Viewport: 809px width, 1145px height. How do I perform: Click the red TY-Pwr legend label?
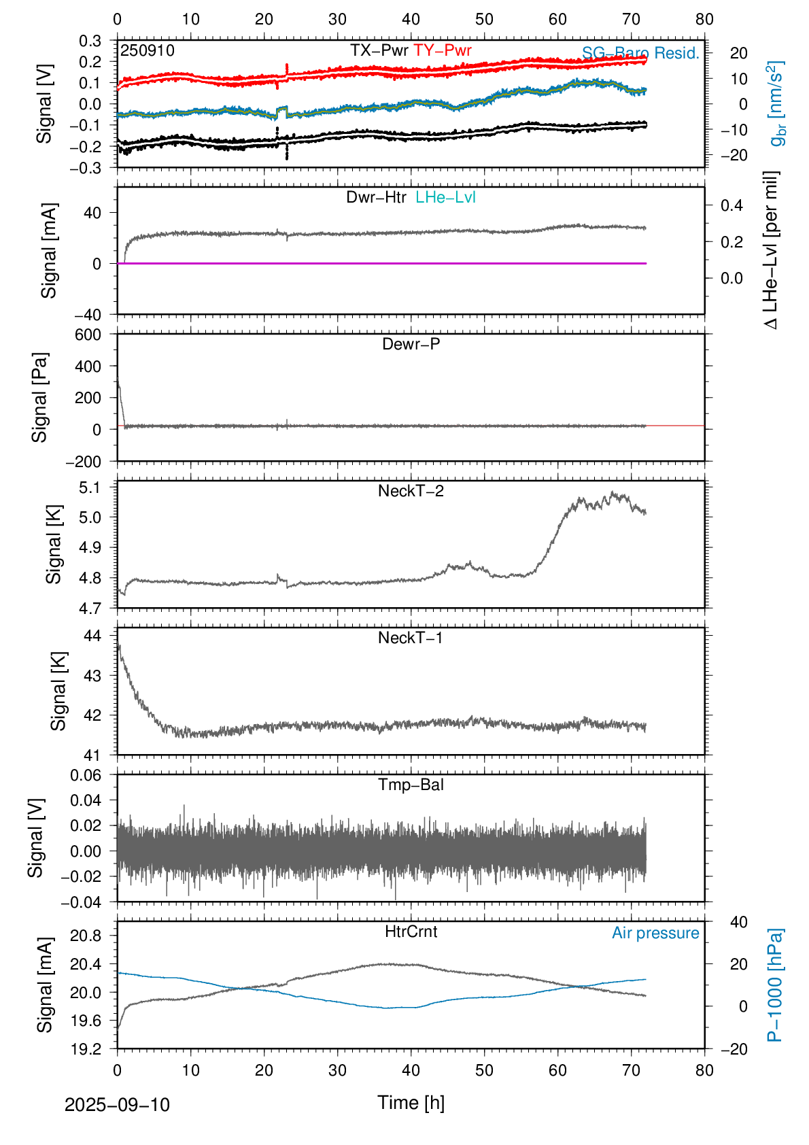click(x=442, y=51)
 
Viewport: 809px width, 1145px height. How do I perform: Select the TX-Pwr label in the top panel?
click(x=379, y=51)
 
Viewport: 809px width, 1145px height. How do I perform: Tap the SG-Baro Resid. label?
click(x=640, y=54)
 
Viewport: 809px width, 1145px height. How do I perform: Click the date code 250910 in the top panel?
click(x=148, y=51)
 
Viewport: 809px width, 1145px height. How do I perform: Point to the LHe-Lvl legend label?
click(x=445, y=198)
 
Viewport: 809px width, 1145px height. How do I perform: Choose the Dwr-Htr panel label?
click(x=376, y=198)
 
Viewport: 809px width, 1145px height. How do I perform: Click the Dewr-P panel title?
click(x=411, y=344)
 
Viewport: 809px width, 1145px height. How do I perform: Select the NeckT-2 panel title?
click(x=411, y=491)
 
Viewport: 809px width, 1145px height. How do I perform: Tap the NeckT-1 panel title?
click(x=410, y=638)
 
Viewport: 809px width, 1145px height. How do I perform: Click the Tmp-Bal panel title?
click(x=411, y=785)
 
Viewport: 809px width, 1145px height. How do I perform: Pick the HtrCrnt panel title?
click(x=411, y=932)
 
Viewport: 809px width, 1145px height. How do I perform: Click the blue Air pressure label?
click(x=655, y=933)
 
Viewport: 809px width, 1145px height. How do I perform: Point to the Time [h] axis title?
click(x=411, y=1103)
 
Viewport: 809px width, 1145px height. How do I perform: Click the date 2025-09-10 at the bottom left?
click(x=117, y=1105)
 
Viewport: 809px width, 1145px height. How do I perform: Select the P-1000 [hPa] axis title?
click(x=775, y=985)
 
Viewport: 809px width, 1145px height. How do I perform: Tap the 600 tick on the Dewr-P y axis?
click(x=88, y=335)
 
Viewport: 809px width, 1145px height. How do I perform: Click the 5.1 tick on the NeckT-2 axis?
click(x=90, y=488)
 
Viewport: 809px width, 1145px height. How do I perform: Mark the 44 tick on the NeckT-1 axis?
click(x=92, y=636)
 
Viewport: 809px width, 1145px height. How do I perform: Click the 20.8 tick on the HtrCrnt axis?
click(x=86, y=936)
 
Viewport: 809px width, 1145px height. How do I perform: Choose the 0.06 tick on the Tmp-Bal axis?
click(x=86, y=775)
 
